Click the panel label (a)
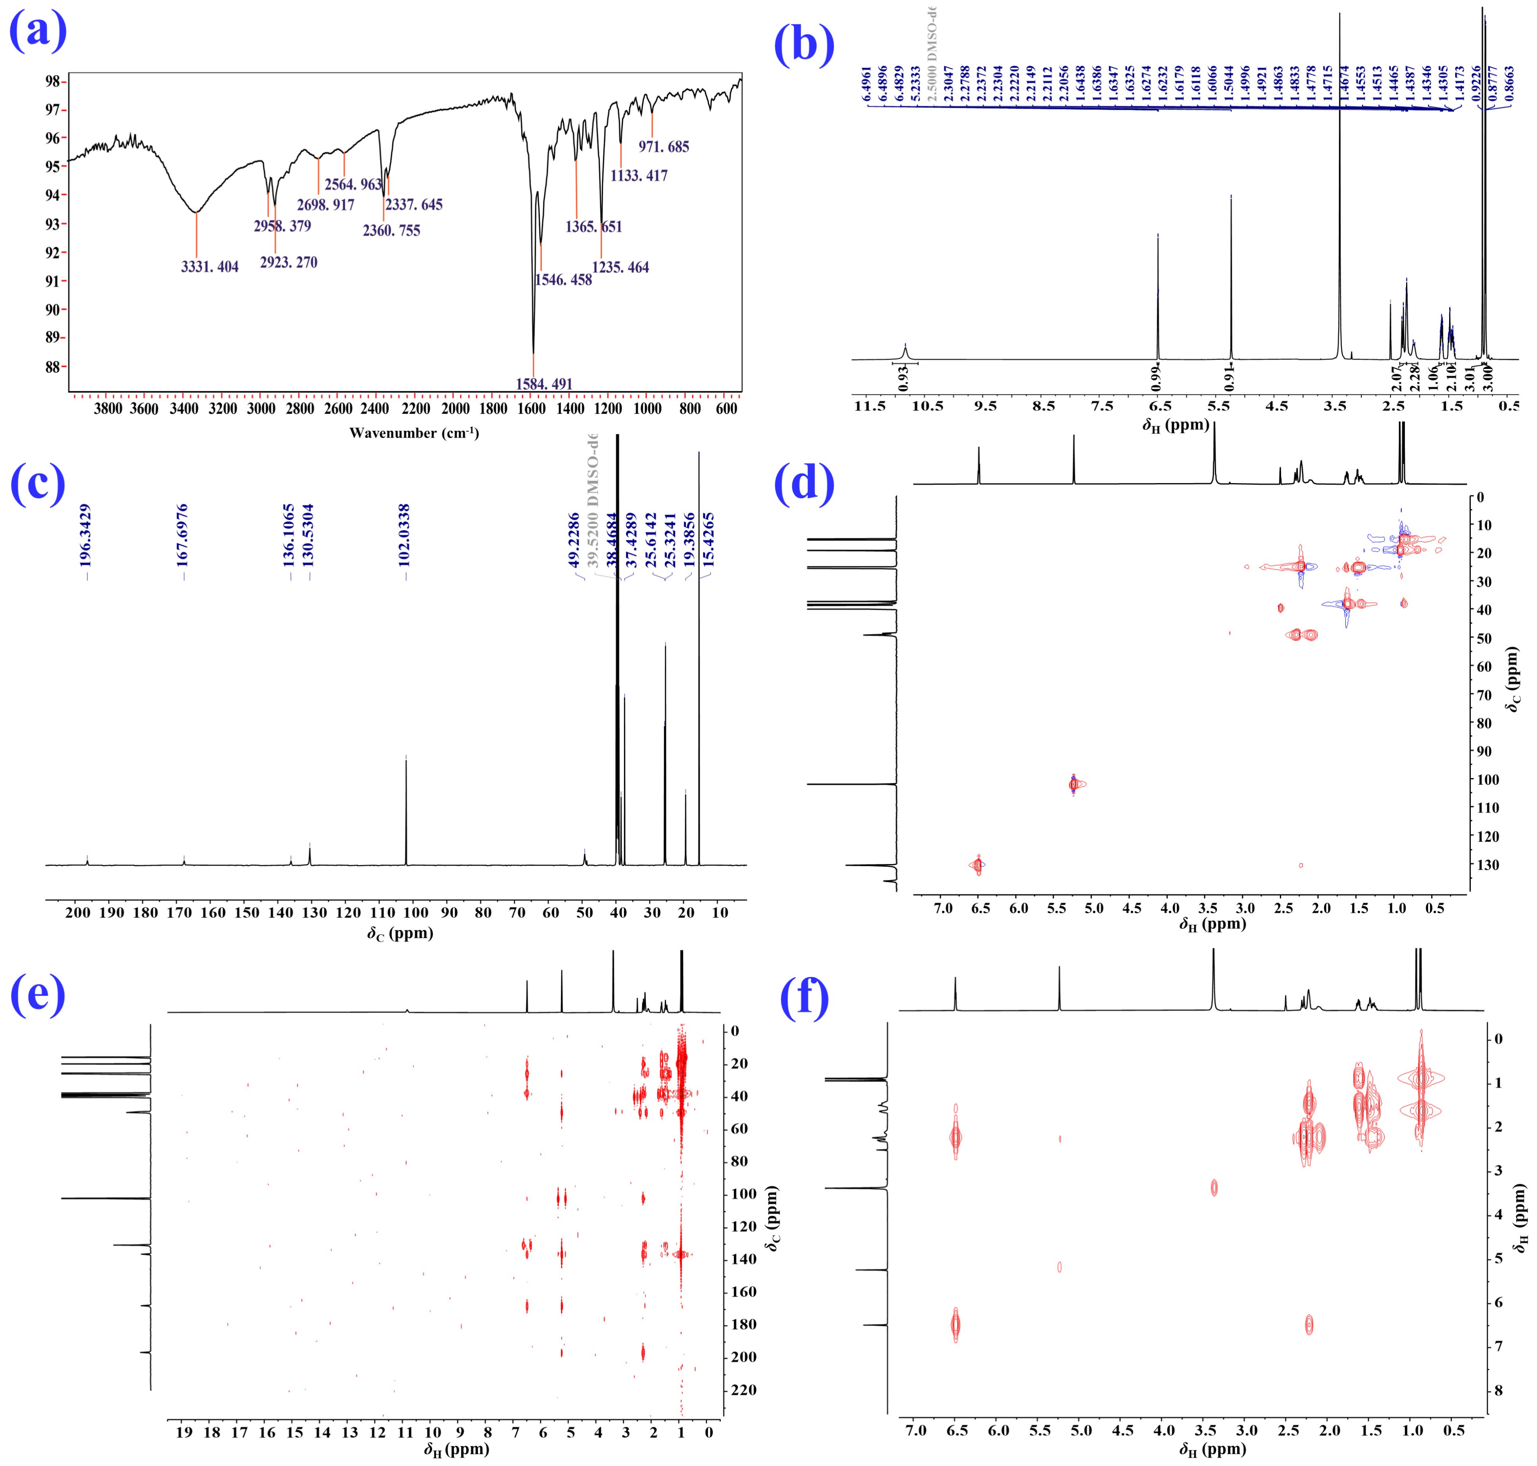(x=38, y=31)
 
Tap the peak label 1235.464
(x=621, y=267)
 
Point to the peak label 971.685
(x=663, y=147)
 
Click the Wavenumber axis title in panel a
(x=414, y=433)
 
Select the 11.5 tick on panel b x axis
(x=870, y=406)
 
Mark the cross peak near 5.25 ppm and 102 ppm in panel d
(x=1074, y=784)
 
